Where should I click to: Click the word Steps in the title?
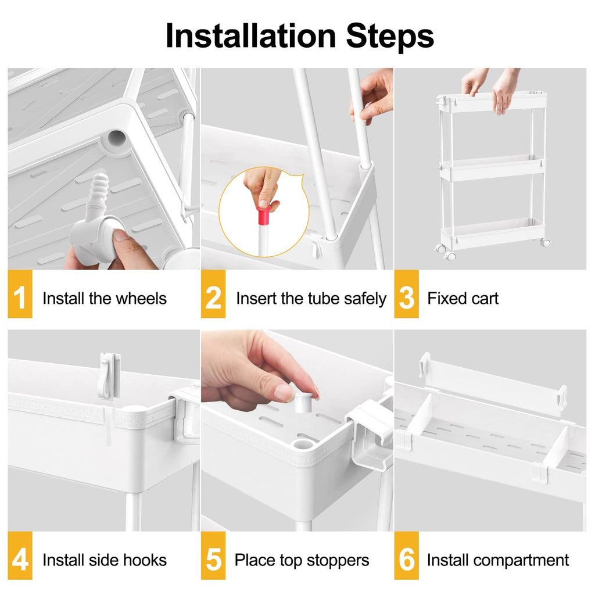390,36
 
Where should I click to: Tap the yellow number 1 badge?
20,298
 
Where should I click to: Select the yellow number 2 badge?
213,298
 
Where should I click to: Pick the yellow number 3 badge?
406,298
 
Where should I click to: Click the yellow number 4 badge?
20,560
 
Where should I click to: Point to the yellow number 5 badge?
213,560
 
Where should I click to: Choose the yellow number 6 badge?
406,560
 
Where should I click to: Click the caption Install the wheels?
105,299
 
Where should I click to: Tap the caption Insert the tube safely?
311,299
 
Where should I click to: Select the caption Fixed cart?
463,299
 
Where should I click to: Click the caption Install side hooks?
105,560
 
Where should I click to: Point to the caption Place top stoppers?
302,560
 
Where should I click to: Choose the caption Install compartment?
498,560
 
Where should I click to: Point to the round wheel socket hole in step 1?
114,137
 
